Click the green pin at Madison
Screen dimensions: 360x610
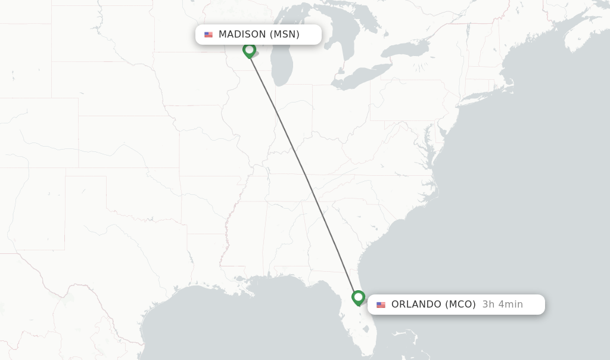(x=249, y=50)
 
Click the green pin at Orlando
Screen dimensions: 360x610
(x=358, y=297)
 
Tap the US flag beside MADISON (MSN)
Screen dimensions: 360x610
(x=208, y=35)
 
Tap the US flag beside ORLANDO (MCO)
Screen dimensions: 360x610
(x=381, y=305)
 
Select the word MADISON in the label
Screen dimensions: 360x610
(x=242, y=35)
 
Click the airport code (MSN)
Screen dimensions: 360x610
(x=284, y=35)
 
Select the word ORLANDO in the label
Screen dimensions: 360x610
(x=416, y=305)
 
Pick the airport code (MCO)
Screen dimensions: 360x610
(x=460, y=305)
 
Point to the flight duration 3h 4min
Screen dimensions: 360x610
(x=503, y=305)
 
